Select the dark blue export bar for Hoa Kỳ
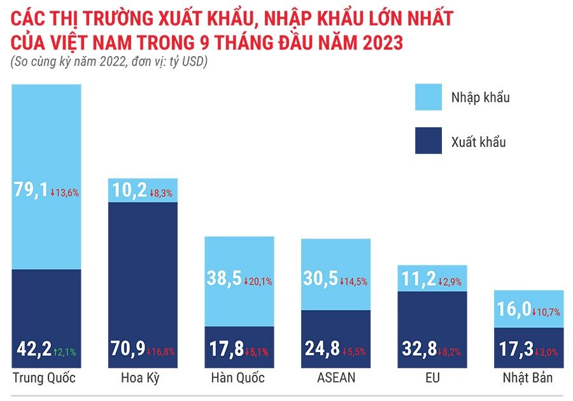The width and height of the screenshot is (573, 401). pyautogui.click(x=143, y=267)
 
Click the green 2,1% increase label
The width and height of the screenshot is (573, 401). pyautogui.click(x=65, y=351)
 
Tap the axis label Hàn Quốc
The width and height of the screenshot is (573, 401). pyautogui.click(x=237, y=378)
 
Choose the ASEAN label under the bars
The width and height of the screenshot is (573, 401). pyautogui.click(x=336, y=378)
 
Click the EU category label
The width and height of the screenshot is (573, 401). pyautogui.click(x=432, y=378)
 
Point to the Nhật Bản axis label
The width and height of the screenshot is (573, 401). pyautogui.click(x=529, y=378)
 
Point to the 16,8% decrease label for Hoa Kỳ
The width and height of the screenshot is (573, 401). pyautogui.click(x=162, y=351)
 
